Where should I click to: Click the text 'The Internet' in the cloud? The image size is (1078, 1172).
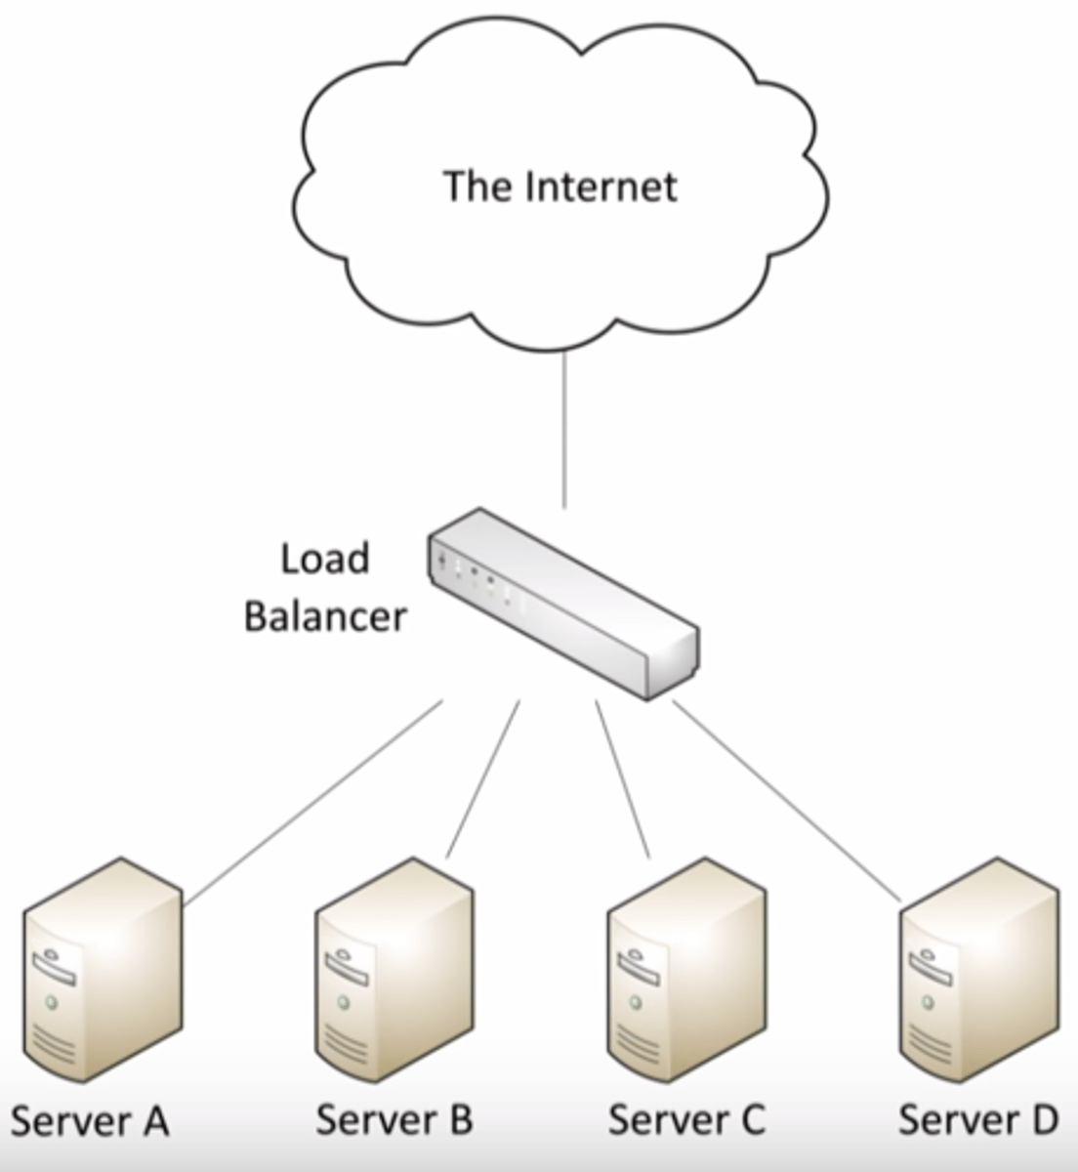[x=560, y=186]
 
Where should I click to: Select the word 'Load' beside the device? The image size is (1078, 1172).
[x=325, y=560]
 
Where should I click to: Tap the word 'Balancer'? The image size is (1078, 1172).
[x=325, y=617]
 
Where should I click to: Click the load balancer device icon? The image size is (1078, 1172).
[x=563, y=603]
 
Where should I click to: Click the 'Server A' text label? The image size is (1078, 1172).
[x=90, y=1121]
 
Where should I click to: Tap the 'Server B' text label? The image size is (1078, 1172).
[x=394, y=1119]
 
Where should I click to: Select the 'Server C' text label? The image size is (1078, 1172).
[x=686, y=1119]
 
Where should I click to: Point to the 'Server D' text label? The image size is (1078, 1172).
[x=977, y=1119]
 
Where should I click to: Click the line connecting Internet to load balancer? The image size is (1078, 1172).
[x=564, y=430]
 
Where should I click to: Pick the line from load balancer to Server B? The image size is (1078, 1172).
[x=483, y=778]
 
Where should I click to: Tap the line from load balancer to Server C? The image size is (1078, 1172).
[x=622, y=778]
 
